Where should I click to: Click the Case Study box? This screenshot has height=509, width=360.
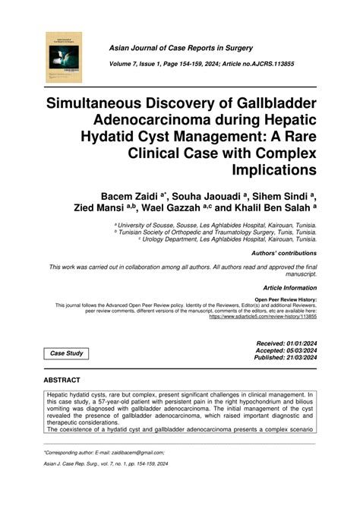coord(65,353)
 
